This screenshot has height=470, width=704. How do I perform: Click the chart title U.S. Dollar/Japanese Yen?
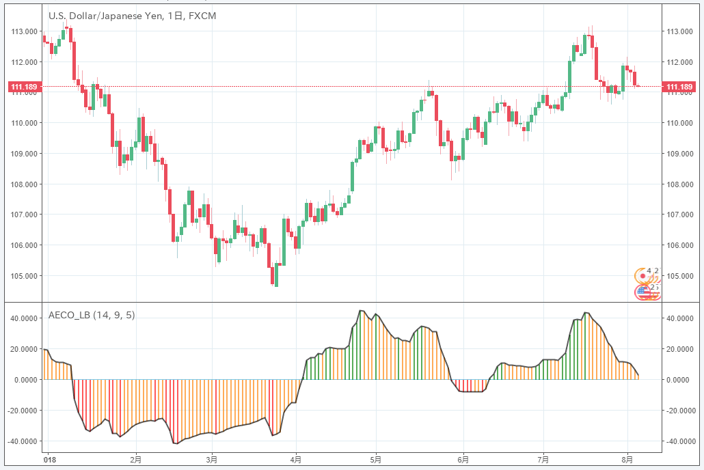[x=103, y=15]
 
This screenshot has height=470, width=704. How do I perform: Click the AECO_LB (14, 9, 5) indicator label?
[x=92, y=316]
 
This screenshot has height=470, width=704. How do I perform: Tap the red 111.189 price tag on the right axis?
[x=679, y=87]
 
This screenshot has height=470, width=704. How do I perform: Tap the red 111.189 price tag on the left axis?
[x=23, y=87]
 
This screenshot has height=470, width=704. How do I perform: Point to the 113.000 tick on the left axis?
[x=23, y=31]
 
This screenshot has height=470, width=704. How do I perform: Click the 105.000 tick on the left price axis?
[x=23, y=276]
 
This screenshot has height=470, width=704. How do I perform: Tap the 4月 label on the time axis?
[x=296, y=460]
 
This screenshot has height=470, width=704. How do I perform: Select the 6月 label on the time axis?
[x=463, y=460]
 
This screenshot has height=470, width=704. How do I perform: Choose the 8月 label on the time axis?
[x=627, y=460]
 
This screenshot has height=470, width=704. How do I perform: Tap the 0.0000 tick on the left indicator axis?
[x=26, y=380]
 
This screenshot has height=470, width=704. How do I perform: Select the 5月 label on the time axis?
[x=375, y=460]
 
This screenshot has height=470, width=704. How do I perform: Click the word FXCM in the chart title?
[x=202, y=15]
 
